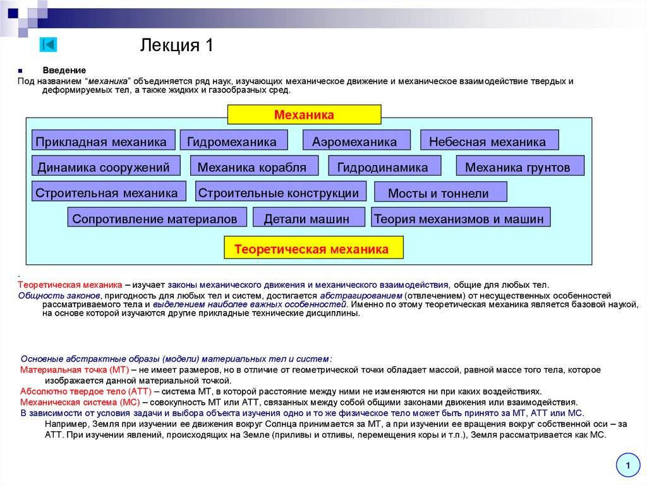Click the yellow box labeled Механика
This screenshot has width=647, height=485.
click(304, 115)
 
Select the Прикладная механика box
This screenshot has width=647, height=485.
click(101, 141)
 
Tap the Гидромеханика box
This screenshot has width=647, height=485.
click(233, 141)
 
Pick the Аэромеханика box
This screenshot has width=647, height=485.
click(356, 141)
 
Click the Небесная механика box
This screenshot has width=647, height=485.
click(489, 141)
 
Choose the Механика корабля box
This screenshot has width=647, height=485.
click(251, 167)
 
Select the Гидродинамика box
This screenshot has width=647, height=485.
click(382, 167)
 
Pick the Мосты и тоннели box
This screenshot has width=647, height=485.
click(440, 193)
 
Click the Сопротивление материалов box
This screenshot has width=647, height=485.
click(155, 219)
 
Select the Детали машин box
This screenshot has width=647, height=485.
click(308, 219)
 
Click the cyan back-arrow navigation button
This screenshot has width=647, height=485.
click(48, 44)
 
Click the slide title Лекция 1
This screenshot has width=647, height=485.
click(177, 46)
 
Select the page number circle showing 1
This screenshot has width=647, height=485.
click(627, 467)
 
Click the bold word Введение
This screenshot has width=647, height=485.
click(64, 70)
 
